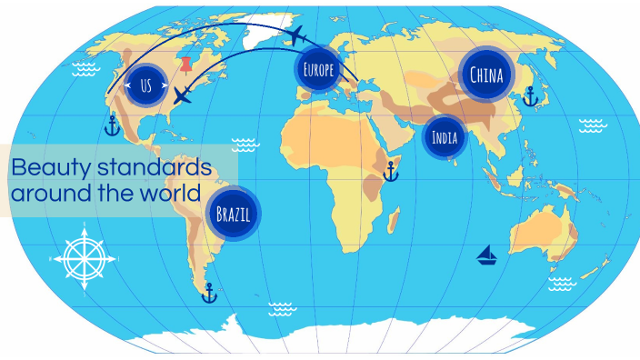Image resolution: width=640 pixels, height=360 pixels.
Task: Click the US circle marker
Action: point(146,86)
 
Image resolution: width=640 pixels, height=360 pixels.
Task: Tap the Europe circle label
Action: point(318,69)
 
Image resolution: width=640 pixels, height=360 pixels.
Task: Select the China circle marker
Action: point(486,75)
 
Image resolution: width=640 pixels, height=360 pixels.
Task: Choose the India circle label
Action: point(445,139)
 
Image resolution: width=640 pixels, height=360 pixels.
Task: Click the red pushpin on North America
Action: point(187,66)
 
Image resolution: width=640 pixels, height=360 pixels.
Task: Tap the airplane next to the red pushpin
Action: point(184,95)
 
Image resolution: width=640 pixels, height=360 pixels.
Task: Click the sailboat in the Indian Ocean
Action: point(487,255)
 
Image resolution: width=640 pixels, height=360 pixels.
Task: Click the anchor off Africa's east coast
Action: point(392,170)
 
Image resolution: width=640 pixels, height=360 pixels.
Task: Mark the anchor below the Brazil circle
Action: point(209,293)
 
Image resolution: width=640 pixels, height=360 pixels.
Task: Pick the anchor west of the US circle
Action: point(112,125)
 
